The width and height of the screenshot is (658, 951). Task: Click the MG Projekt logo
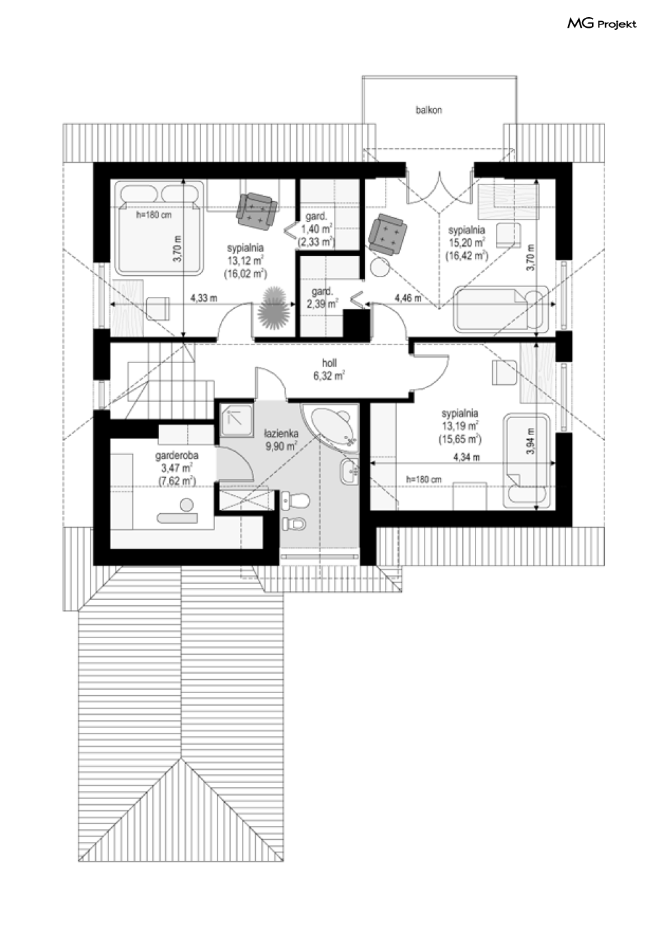tap(602, 24)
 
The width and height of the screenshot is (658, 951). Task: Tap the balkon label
tap(429, 110)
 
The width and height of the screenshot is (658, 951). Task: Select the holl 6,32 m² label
tap(329, 370)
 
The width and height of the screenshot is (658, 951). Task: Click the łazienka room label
tap(281, 433)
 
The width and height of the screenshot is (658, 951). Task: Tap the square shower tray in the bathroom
tap(236, 420)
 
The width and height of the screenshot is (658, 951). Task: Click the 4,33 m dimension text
tap(204, 298)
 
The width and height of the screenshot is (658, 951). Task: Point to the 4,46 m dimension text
tap(408, 298)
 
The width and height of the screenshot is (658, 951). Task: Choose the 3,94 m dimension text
tap(530, 442)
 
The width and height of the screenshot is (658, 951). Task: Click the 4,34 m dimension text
tap(466, 457)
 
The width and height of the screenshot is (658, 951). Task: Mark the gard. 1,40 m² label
tap(317, 229)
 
